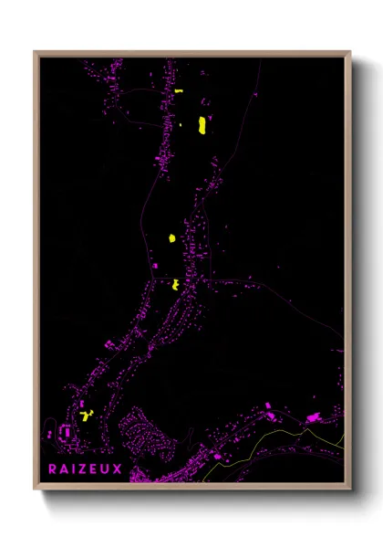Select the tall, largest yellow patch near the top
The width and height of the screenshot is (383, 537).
click(x=202, y=126)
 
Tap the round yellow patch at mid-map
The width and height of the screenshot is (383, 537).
click(x=171, y=238)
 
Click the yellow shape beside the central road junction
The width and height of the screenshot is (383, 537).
click(x=174, y=284)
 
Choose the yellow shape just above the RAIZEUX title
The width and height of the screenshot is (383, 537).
click(x=87, y=416)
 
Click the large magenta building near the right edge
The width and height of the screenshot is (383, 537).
click(x=313, y=417)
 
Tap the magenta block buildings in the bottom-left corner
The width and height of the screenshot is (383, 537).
click(x=66, y=432)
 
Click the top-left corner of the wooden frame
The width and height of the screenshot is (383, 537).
click(x=35, y=52)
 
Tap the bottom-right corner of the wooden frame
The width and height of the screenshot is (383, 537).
click(x=350, y=490)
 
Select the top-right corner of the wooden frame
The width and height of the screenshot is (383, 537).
click(x=350, y=52)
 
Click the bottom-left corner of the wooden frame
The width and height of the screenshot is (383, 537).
click(x=35, y=490)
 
